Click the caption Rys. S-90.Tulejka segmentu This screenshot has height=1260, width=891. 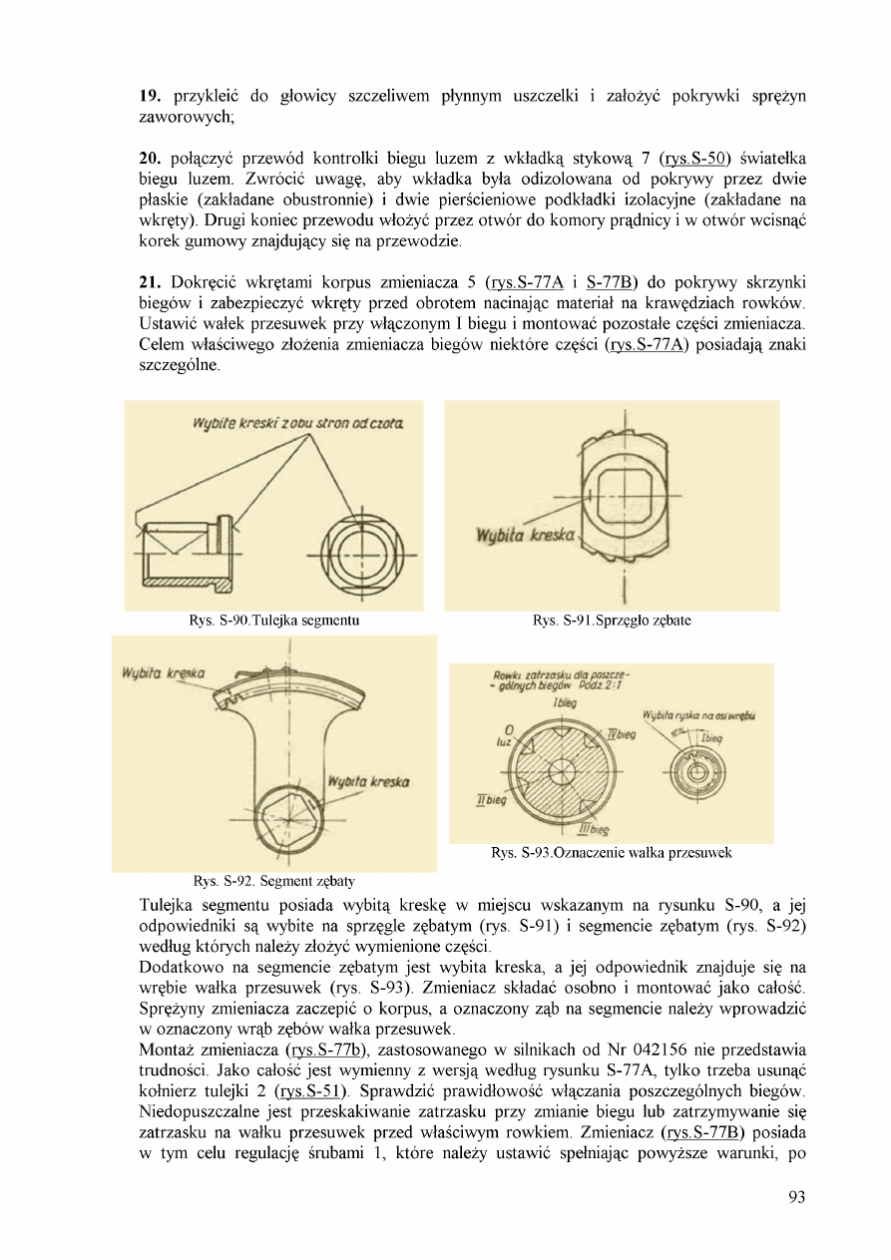(x=273, y=621)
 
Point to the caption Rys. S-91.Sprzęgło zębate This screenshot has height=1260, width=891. (x=612, y=621)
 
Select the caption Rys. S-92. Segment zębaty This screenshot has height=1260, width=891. (x=273, y=881)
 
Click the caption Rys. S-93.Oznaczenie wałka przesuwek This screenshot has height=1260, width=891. (x=612, y=853)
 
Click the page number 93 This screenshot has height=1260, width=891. (x=795, y=1198)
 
